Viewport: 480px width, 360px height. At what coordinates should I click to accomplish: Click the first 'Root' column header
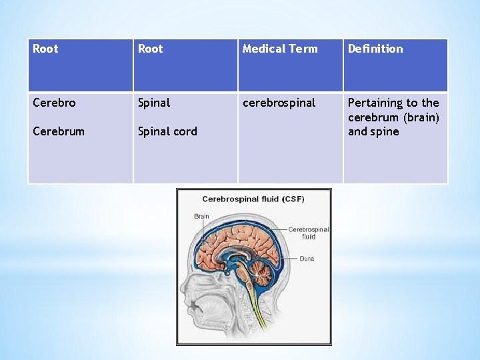(45, 49)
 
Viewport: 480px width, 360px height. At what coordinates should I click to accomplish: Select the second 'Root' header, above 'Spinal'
(150, 49)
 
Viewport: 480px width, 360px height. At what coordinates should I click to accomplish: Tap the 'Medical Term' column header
(280, 49)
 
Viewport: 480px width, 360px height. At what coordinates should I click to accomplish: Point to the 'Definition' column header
(375, 49)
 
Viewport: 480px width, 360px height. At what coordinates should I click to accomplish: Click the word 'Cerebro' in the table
(54, 103)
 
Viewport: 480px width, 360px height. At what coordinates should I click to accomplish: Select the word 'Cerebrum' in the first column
(59, 131)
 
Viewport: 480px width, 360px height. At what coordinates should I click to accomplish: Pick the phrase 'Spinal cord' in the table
(167, 131)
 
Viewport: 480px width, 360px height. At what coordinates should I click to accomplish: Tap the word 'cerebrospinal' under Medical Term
(279, 103)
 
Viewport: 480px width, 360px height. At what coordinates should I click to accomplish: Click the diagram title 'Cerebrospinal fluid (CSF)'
(253, 199)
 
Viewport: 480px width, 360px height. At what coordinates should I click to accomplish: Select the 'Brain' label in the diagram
(201, 216)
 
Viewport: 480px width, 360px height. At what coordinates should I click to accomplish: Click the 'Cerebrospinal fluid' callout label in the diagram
(309, 233)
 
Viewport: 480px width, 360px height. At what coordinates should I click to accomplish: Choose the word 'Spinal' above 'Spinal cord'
(154, 103)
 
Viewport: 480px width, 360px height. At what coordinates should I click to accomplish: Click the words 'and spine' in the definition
(373, 131)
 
